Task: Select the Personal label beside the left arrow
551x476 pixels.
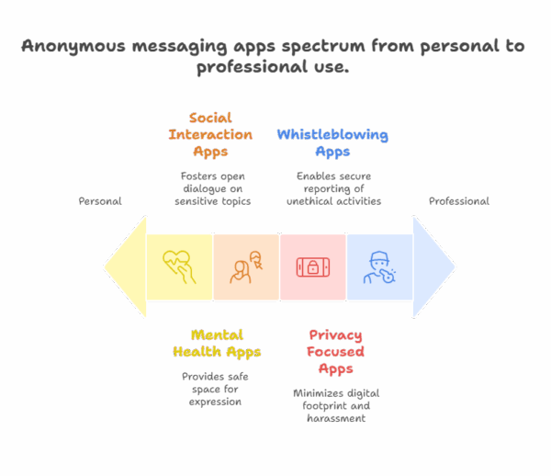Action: click(100, 200)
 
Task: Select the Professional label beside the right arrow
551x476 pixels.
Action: click(458, 200)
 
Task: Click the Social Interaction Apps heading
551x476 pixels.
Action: click(209, 135)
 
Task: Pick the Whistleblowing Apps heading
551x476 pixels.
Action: click(332, 143)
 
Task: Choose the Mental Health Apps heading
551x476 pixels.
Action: click(217, 343)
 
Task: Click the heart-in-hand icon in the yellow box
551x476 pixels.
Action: click(179, 267)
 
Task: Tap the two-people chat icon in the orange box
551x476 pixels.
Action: click(246, 267)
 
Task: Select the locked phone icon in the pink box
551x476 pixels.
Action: click(312, 267)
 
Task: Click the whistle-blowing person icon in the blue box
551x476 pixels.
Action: click(379, 267)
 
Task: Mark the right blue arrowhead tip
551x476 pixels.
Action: click(454, 267)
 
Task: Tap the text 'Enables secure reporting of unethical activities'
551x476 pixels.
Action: click(333, 187)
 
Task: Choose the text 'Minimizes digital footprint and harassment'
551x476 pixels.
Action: click(336, 405)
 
